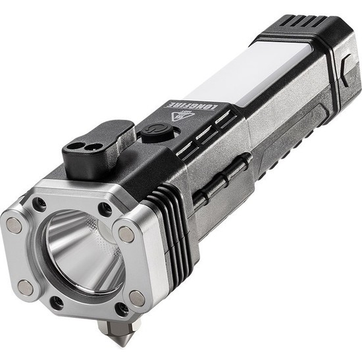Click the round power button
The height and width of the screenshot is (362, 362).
pyautogui.click(x=157, y=132)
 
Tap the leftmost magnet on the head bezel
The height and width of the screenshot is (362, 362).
pyautogui.click(x=14, y=225)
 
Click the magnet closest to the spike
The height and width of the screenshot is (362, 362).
pyautogui.click(x=137, y=299)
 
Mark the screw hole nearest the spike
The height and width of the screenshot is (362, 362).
pyautogui.click(x=122, y=309)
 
